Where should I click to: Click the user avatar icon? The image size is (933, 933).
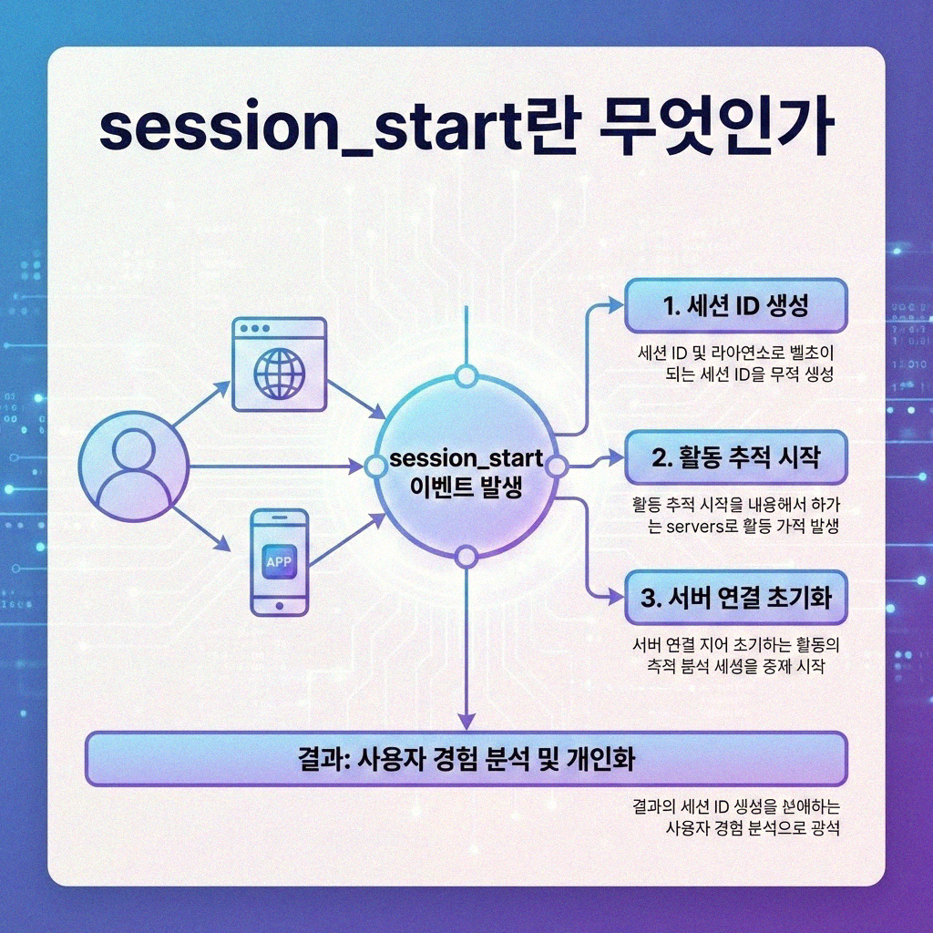(133, 466)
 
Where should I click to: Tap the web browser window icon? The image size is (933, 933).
(279, 363)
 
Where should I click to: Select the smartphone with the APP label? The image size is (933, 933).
(279, 562)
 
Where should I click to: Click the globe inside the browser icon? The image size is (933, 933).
(279, 373)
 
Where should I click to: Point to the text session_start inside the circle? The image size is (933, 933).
(466, 459)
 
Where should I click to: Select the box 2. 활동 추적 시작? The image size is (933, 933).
(735, 458)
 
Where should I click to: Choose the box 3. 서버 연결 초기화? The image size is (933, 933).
(735, 599)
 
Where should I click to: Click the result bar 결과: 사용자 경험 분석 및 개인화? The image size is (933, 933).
(466, 758)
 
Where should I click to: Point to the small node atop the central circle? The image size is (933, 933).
(466, 375)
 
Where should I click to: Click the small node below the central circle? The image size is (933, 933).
(466, 557)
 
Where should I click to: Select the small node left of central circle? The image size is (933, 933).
(374, 466)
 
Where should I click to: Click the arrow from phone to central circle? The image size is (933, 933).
(346, 539)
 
